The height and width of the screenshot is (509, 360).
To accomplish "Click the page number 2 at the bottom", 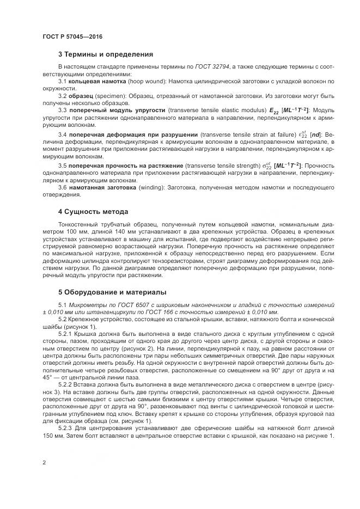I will (44, 462).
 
